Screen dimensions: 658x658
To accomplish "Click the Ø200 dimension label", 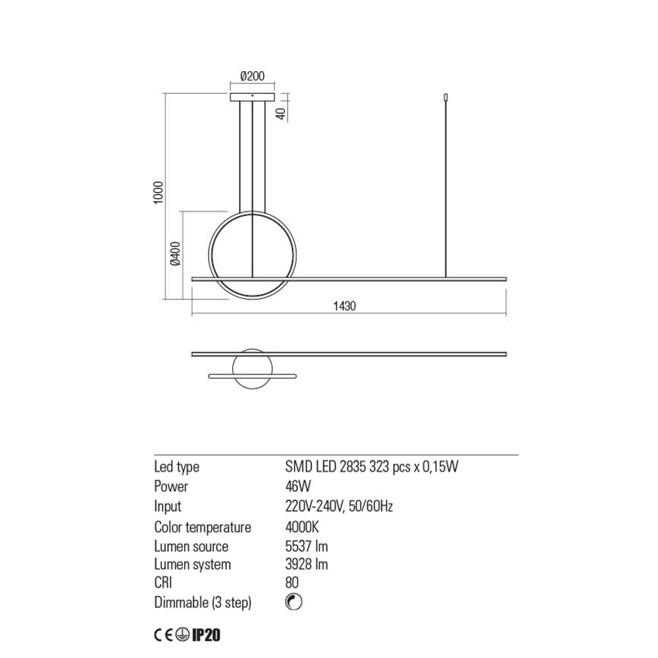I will (252, 76).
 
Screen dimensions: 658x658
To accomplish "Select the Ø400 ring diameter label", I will (175, 254).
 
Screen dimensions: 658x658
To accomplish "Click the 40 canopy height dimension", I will (281, 113).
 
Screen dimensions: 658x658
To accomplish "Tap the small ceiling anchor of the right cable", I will (447, 98).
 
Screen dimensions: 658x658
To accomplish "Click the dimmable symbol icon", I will (294, 602).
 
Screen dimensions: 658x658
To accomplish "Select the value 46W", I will (297, 487).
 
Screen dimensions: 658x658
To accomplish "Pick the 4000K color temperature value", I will (303, 527).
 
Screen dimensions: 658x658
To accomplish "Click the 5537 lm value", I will (307, 546).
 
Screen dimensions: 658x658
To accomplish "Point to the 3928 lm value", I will (307, 565).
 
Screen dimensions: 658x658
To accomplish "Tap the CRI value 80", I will (292, 583).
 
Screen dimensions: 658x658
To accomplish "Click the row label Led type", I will (176, 467).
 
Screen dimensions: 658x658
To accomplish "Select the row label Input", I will (168, 507).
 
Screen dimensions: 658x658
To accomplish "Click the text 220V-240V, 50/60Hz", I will (339, 507).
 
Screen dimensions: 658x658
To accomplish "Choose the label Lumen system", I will (192, 565).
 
